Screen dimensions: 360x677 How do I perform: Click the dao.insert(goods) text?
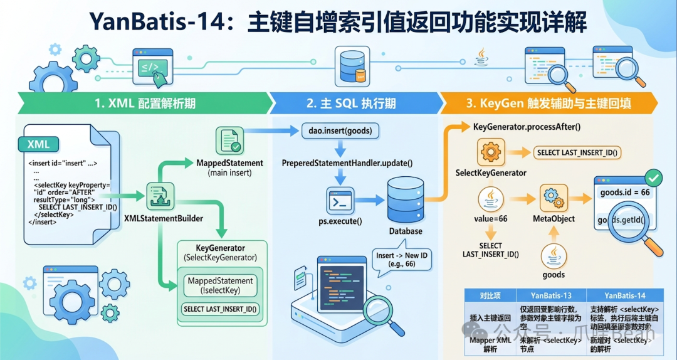(x=339, y=132)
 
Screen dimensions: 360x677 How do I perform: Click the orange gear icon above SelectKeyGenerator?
(x=491, y=152)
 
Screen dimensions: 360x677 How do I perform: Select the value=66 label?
(x=490, y=218)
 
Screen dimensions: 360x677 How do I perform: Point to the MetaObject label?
(x=554, y=218)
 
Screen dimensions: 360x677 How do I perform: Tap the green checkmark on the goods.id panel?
(x=653, y=178)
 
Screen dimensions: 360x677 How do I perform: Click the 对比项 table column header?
(x=489, y=295)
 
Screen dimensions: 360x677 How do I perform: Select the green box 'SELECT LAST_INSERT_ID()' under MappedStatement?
(x=221, y=309)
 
